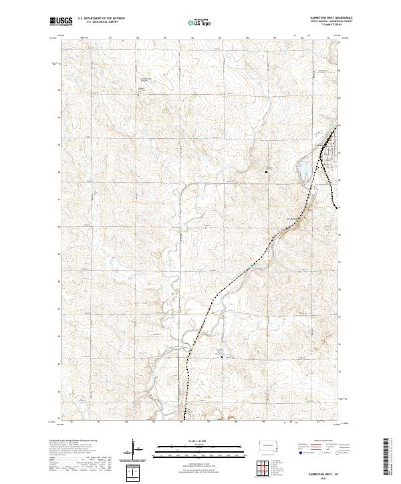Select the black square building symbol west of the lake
click(267, 172)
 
